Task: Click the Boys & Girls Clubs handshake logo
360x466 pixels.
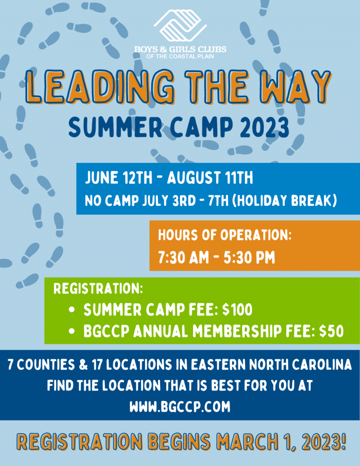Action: click(180, 26)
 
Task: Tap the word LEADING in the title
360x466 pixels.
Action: click(100, 87)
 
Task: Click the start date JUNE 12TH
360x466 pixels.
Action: click(118, 178)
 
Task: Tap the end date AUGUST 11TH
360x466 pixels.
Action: click(210, 178)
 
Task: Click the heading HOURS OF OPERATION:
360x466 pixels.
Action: click(225, 235)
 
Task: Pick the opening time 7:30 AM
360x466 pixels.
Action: click(183, 258)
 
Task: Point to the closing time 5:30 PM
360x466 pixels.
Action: click(249, 258)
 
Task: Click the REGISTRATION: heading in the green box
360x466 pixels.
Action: click(98, 289)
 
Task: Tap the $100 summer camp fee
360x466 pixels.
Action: click(237, 310)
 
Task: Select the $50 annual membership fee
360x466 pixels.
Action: click(332, 331)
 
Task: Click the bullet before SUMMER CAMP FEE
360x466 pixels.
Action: click(72, 310)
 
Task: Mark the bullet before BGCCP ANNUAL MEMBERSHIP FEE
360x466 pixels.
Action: click(72, 331)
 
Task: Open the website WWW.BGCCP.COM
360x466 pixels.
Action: click(180, 407)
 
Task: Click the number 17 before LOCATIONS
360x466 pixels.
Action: click(97, 365)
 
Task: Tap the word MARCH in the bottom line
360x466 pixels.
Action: click(247, 442)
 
